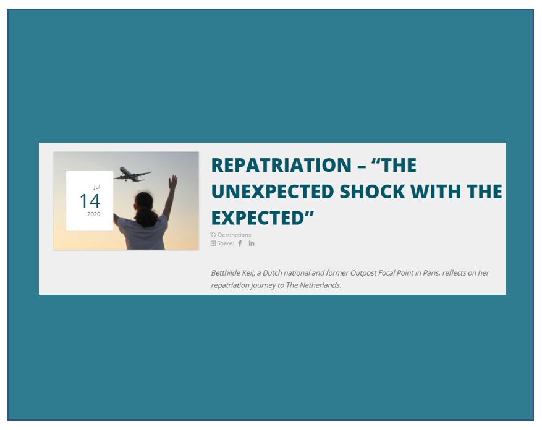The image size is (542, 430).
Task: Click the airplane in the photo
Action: click(x=132, y=175)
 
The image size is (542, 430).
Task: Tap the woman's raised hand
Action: click(x=173, y=182)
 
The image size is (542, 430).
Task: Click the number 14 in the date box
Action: click(x=90, y=201)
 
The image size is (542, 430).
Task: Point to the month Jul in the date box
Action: click(x=97, y=187)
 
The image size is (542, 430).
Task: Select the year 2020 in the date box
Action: click(x=94, y=214)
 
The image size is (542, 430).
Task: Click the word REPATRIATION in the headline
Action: click(x=281, y=165)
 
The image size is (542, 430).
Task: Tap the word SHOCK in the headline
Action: click(x=372, y=192)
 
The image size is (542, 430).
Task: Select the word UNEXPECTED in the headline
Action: click(x=273, y=192)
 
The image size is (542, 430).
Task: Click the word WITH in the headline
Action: click(x=436, y=192)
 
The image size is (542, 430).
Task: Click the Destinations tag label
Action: click(x=234, y=235)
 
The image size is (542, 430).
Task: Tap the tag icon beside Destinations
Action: click(x=213, y=235)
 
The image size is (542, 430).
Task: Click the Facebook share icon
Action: click(x=240, y=243)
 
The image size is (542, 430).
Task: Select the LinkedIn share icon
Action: click(x=252, y=243)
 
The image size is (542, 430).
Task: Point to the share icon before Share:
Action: click(x=213, y=243)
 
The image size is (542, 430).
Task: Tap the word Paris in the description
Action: click(x=431, y=273)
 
